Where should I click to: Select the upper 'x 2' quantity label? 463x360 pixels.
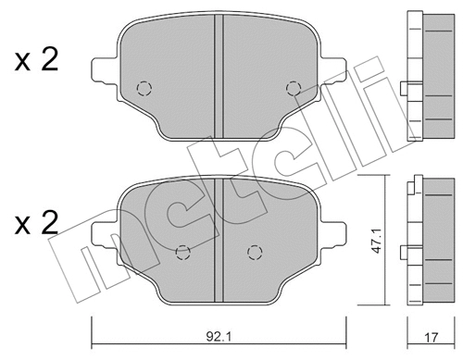pyautogui.click(x=36, y=63)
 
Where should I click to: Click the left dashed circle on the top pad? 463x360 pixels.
pyautogui.click(x=143, y=89)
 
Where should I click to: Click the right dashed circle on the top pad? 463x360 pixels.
pyautogui.click(x=294, y=89)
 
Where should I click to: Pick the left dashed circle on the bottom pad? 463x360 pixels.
pyautogui.click(x=183, y=251)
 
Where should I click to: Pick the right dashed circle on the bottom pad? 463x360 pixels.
pyautogui.click(x=254, y=251)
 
